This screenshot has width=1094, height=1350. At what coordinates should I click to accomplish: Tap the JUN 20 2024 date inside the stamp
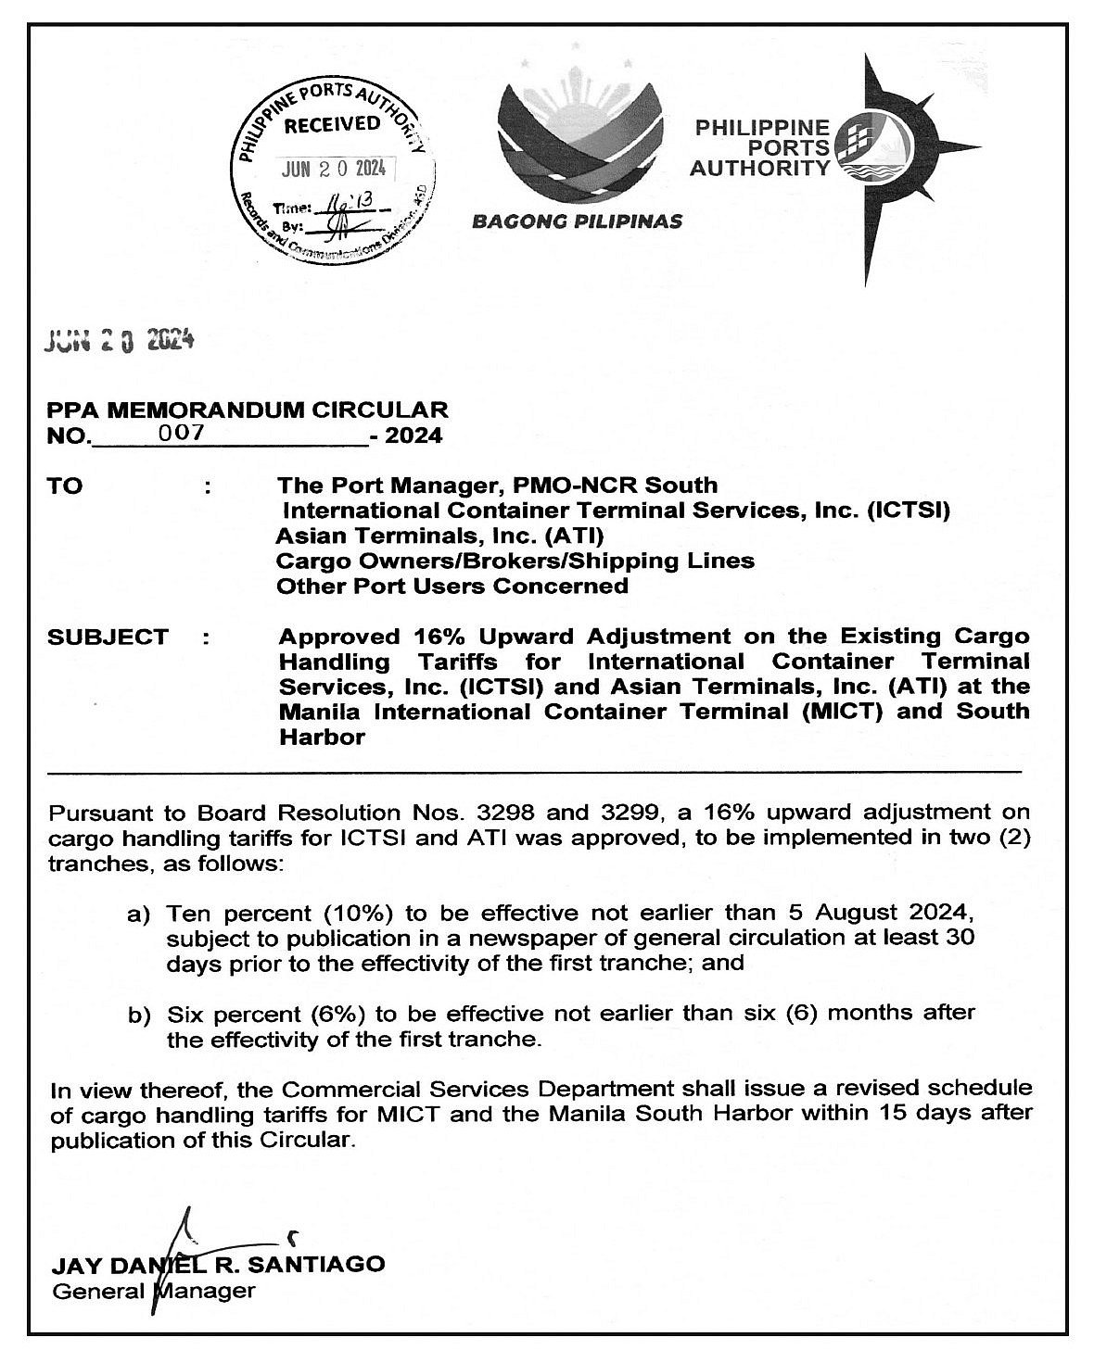[337, 170]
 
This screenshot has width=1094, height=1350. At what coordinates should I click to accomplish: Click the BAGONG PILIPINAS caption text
[577, 221]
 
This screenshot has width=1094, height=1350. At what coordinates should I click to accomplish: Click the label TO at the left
[64, 486]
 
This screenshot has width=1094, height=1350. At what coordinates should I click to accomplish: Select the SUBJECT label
[108, 637]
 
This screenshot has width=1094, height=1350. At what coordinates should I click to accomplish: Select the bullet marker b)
[139, 1016]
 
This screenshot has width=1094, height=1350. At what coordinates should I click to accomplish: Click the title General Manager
[153, 1290]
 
